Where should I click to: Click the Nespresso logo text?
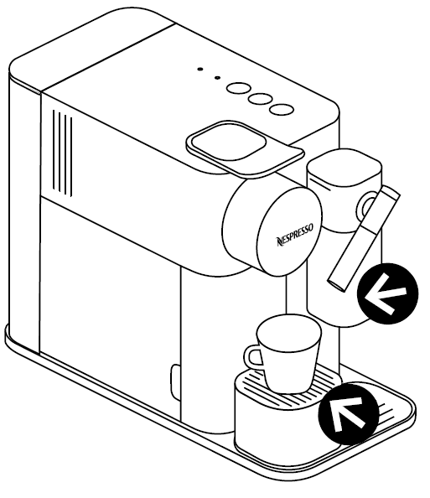pyautogui.click(x=295, y=235)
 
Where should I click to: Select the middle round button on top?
pyautogui.click(x=260, y=99)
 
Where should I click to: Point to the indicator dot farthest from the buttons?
pyautogui.click(x=199, y=69)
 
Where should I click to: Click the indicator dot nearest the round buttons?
pyautogui.click(x=217, y=77)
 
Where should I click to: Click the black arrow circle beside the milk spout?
pyautogui.click(x=387, y=293)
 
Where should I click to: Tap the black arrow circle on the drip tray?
pyautogui.click(x=349, y=413)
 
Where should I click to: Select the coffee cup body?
pyautogui.click(x=288, y=353)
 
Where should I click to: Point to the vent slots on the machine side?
pyautogui.click(x=62, y=153)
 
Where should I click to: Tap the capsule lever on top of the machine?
pyautogui.click(x=245, y=148)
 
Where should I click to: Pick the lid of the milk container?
pyautogui.click(x=345, y=170)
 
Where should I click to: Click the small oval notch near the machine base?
pyautogui.click(x=174, y=381)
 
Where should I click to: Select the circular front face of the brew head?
pyautogui.click(x=289, y=231)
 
